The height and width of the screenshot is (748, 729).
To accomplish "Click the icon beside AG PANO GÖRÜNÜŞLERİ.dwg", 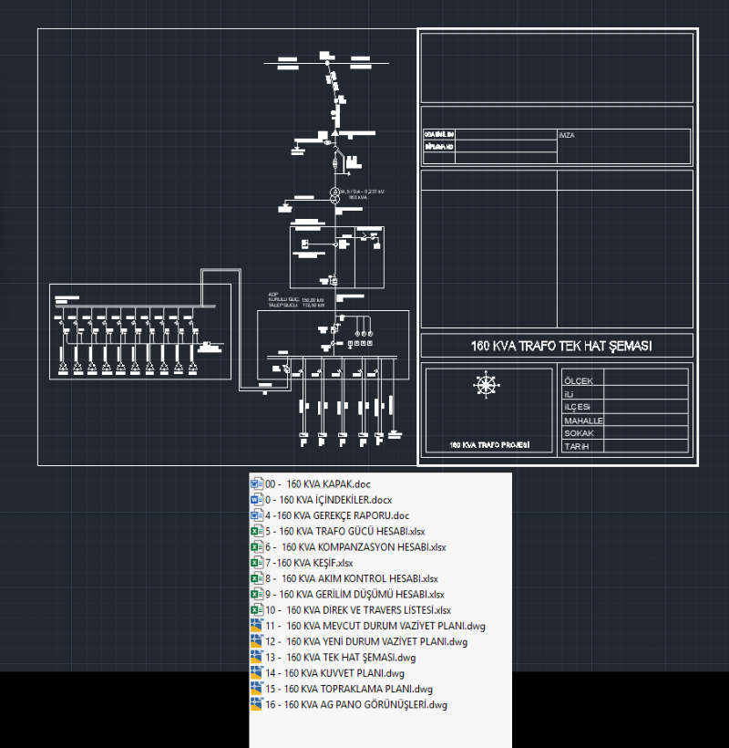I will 256,705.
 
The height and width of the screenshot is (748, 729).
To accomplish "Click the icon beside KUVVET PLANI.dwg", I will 256,673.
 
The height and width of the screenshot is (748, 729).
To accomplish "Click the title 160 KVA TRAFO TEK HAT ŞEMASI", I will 556,346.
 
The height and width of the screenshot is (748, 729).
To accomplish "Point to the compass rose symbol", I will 487,385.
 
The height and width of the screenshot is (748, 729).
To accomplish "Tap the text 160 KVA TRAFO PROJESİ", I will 489,446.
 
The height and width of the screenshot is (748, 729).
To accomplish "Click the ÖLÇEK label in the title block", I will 579,380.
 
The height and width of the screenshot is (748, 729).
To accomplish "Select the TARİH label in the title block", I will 577,447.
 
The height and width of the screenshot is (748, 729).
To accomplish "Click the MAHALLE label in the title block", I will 583,421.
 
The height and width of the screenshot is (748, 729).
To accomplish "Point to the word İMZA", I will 567,135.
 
